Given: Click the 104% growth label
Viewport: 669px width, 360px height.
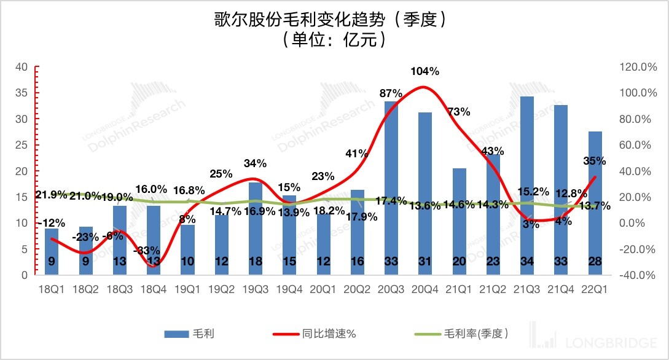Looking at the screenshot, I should (x=425, y=71).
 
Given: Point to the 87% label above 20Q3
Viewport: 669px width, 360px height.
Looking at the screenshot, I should (x=391, y=93).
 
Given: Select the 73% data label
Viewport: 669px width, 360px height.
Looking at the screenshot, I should (x=459, y=112).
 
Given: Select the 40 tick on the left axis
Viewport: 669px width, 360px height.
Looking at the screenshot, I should (x=21, y=66).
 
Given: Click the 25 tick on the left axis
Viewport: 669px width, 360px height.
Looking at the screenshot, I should (x=21, y=145).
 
